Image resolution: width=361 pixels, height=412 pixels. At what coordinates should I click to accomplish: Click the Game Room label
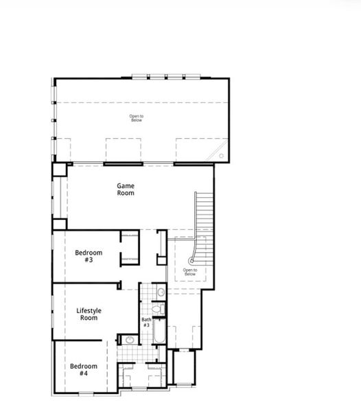click(x=125, y=190)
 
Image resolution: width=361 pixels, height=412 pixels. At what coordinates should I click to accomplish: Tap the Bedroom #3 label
click(x=88, y=256)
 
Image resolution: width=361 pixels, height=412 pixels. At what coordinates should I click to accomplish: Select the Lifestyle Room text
click(x=89, y=314)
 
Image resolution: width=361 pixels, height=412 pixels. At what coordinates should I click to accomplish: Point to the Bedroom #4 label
click(x=83, y=370)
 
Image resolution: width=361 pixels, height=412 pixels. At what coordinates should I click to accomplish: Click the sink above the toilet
click(x=161, y=293)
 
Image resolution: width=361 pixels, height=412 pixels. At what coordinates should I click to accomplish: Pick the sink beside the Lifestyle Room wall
click(x=128, y=339)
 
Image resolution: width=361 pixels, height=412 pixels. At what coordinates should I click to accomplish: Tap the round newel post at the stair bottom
click(x=192, y=262)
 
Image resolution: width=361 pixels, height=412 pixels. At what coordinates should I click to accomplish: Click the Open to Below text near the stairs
click(x=189, y=272)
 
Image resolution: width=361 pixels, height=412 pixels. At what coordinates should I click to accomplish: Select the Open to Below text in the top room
click(x=137, y=118)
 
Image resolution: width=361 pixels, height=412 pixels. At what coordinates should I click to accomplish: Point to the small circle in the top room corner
click(x=221, y=156)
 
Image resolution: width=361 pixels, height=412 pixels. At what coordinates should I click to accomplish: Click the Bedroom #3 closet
click(x=130, y=248)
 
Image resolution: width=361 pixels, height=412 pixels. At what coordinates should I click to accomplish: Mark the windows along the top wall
click(x=159, y=76)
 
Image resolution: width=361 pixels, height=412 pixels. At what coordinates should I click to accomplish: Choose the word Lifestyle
click(x=89, y=310)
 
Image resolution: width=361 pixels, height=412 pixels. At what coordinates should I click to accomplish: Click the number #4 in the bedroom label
click(x=83, y=374)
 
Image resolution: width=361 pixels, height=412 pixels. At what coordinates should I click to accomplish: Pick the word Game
click(x=125, y=185)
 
